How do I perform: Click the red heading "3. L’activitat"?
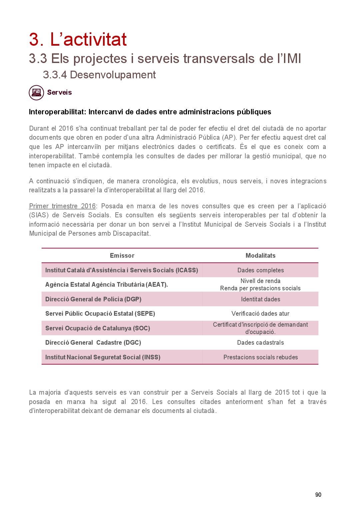pyautogui.click(x=78, y=39)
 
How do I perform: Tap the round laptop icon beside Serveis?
pyautogui.click(x=36, y=93)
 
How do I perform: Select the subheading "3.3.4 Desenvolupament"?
pyautogui.click(x=99, y=75)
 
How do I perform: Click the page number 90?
pyautogui.click(x=318, y=495)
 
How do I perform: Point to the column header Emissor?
pyautogui.click(x=122, y=256)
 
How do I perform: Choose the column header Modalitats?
pyautogui.click(x=260, y=256)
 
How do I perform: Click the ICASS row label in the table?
pyautogui.click(x=122, y=270)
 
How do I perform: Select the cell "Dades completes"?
pyautogui.click(x=260, y=270)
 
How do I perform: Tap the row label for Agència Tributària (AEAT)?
pyautogui.click(x=106, y=285)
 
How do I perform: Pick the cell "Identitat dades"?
pyautogui.click(x=260, y=299)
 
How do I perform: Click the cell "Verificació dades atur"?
pyautogui.click(x=260, y=314)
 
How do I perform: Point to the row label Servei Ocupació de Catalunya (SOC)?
pyautogui.click(x=98, y=328)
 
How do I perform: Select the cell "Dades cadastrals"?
pyautogui.click(x=260, y=343)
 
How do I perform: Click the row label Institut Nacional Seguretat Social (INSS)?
pyautogui.click(x=103, y=357)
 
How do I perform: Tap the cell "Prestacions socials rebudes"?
pyautogui.click(x=260, y=357)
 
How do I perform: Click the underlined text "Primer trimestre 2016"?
pyautogui.click(x=62, y=206)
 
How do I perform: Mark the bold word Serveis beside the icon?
pyautogui.click(x=59, y=92)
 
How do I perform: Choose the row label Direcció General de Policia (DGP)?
pyautogui.click(x=93, y=299)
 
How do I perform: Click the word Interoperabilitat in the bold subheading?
pyautogui.click(x=57, y=112)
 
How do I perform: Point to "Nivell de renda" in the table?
pyautogui.click(x=260, y=281)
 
